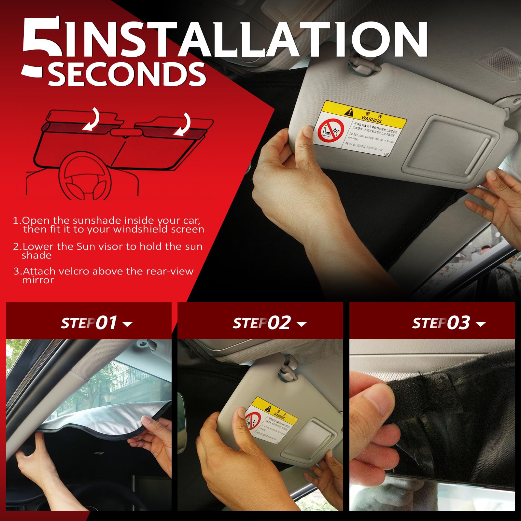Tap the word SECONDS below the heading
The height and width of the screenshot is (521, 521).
click(127, 74)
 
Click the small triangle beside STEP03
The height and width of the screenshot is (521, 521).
click(481, 324)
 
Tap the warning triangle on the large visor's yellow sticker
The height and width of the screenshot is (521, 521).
click(349, 112)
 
